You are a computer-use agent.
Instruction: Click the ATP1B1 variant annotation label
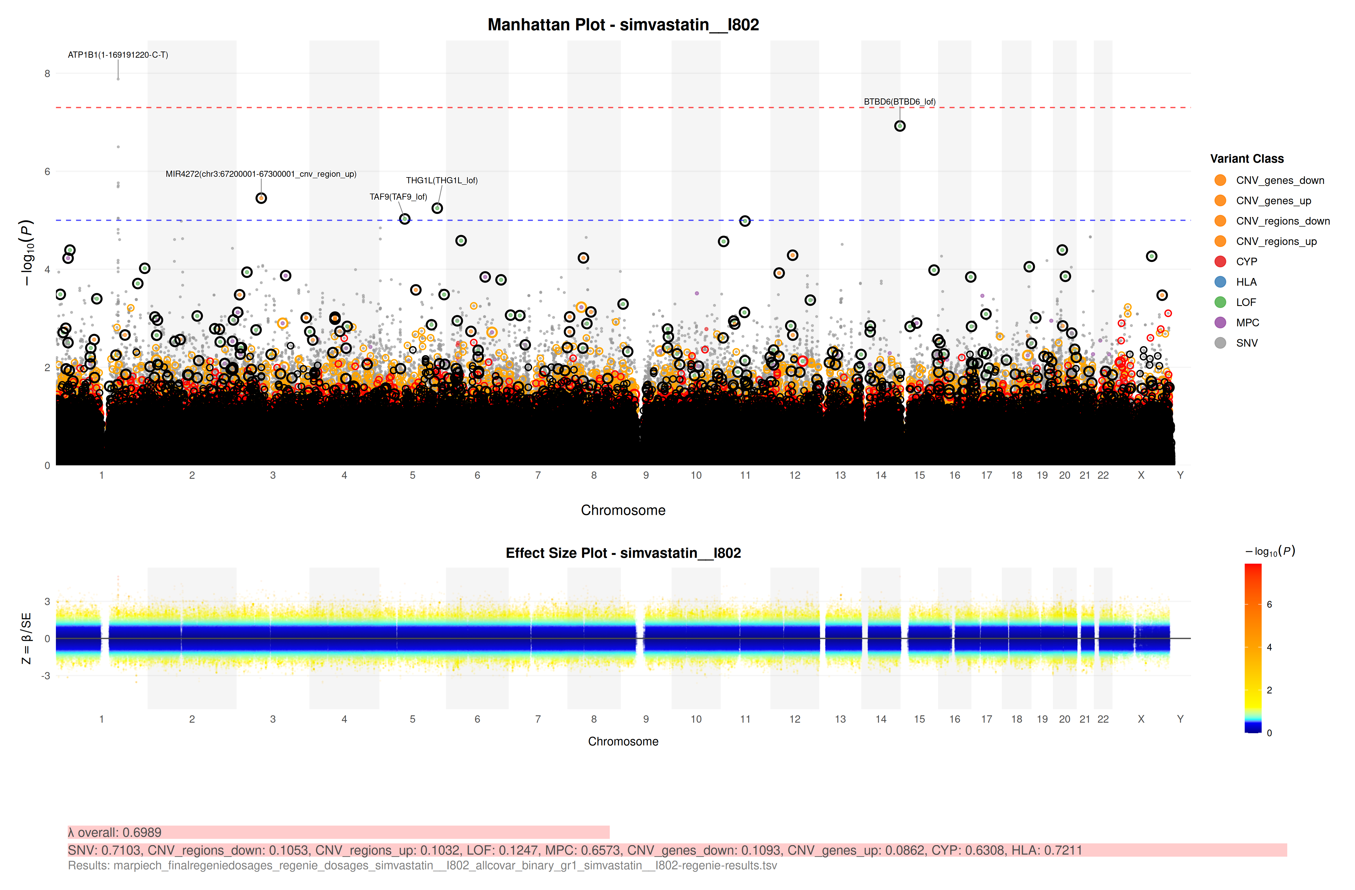118,55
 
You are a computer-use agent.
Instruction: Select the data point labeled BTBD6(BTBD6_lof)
900,126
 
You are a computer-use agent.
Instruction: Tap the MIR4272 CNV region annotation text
261,174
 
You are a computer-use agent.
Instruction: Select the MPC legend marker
1220,322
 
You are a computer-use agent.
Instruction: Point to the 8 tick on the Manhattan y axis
47,73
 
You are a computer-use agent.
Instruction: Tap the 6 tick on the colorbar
1269,605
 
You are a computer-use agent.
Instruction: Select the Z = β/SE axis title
26,638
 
